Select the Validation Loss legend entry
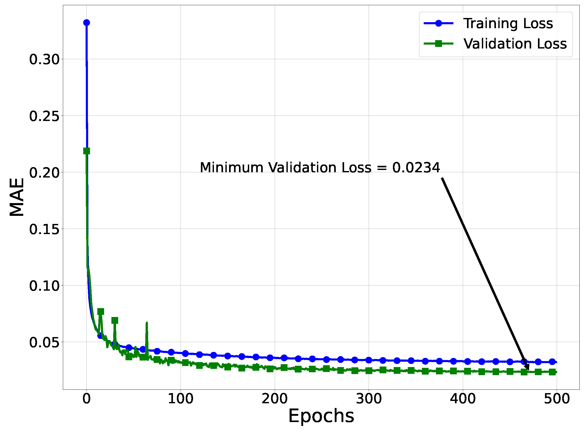[515, 44]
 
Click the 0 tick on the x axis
[87, 399]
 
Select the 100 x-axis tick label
[181, 399]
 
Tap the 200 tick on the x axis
[275, 399]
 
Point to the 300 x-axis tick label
[369, 399]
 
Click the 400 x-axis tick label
[463, 399]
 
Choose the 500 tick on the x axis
[557, 399]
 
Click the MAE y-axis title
[17, 197]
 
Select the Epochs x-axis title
[321, 417]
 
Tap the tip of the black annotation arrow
[528, 370]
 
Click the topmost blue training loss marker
[87, 23]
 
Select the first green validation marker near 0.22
[87, 151]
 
